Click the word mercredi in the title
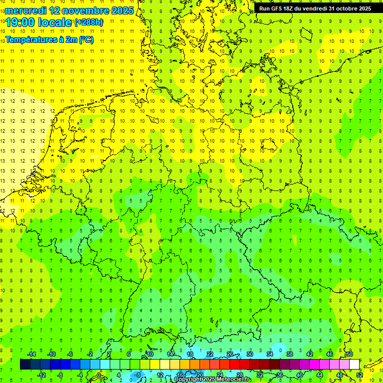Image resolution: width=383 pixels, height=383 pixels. click(x=25, y=10)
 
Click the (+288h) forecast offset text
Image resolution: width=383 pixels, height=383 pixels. click(x=90, y=22)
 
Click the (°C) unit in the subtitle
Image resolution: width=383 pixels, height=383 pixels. click(x=85, y=39)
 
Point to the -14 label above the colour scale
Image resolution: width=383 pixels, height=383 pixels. click(x=31, y=354)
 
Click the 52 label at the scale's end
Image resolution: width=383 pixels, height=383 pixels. click(x=360, y=375)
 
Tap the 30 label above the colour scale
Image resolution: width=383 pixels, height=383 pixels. click(x=250, y=354)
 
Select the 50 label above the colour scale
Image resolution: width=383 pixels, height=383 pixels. click(x=350, y=354)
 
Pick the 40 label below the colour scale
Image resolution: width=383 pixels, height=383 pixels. click(x=300, y=375)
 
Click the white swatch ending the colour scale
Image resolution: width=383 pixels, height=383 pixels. click(x=354, y=364)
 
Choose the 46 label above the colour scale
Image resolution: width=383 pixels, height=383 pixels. click(x=330, y=354)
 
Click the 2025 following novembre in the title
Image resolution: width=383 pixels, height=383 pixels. click(x=120, y=10)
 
